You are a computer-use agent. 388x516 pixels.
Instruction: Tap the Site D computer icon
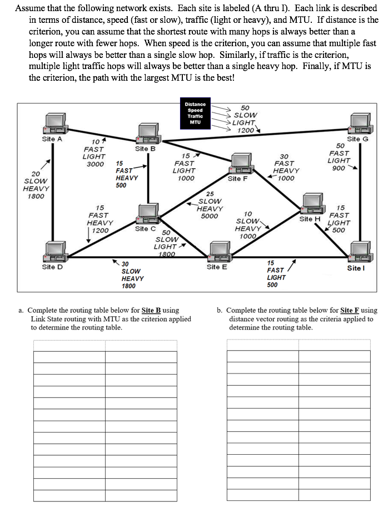tap(56, 252)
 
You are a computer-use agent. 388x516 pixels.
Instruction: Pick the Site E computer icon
tap(217, 252)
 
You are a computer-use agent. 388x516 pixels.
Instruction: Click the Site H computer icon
tap(310, 204)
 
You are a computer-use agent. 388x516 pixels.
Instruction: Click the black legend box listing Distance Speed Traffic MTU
tap(195, 113)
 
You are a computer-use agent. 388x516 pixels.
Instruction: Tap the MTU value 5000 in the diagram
tap(209, 216)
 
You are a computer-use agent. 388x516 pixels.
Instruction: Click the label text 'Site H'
tap(310, 219)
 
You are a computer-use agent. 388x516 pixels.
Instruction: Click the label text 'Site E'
tap(217, 267)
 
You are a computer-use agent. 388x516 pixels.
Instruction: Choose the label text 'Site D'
tap(52, 267)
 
